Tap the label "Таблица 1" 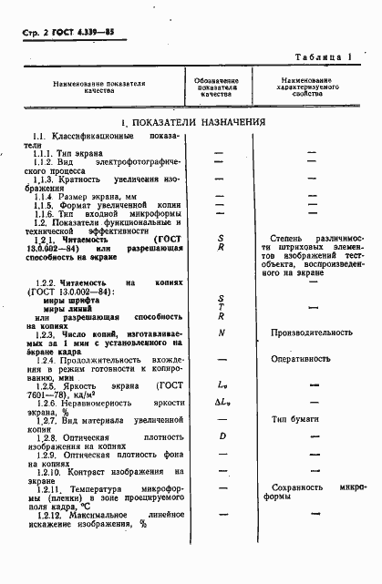pyautogui.click(x=324, y=57)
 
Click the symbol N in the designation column pyautogui.click(x=221, y=333)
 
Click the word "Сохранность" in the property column pyautogui.click(x=294, y=513)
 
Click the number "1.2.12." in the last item pyautogui.click(x=52, y=540)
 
